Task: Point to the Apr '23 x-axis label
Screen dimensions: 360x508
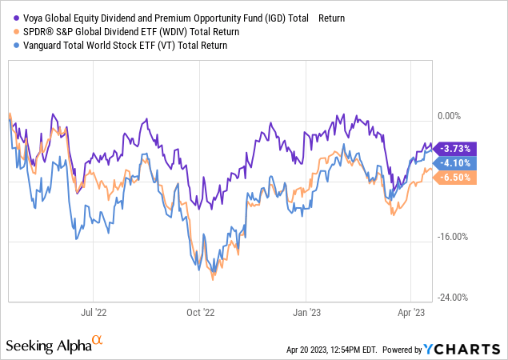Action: [x=411, y=314]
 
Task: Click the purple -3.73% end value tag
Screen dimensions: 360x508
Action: [x=455, y=148]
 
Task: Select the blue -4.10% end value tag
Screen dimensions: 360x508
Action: [x=455, y=162]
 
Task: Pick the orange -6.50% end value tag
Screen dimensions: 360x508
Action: [x=455, y=178]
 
